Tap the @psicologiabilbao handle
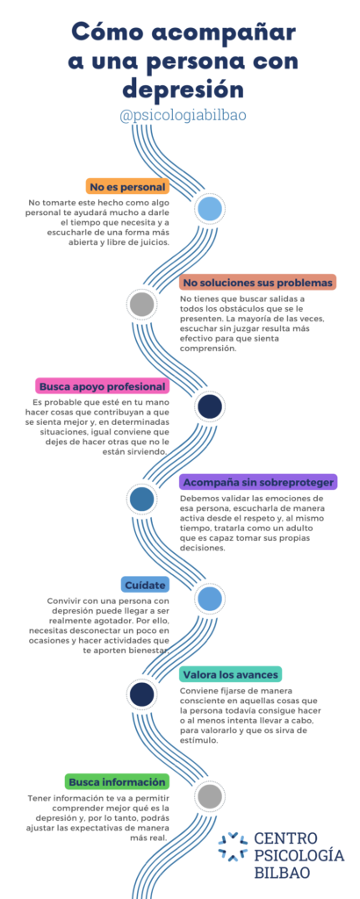click(x=183, y=115)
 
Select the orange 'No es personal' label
click(x=128, y=187)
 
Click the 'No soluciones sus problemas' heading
click(x=256, y=283)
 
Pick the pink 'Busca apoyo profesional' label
click(x=103, y=386)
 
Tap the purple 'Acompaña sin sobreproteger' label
click(x=258, y=481)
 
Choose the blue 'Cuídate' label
click(x=146, y=584)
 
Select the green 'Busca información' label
click(x=117, y=781)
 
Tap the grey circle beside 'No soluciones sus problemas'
click(x=141, y=305)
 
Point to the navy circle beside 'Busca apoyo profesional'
click(x=209, y=406)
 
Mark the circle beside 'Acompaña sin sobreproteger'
click(x=141, y=500)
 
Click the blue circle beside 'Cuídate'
click(x=209, y=599)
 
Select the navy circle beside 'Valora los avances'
click(x=141, y=695)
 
